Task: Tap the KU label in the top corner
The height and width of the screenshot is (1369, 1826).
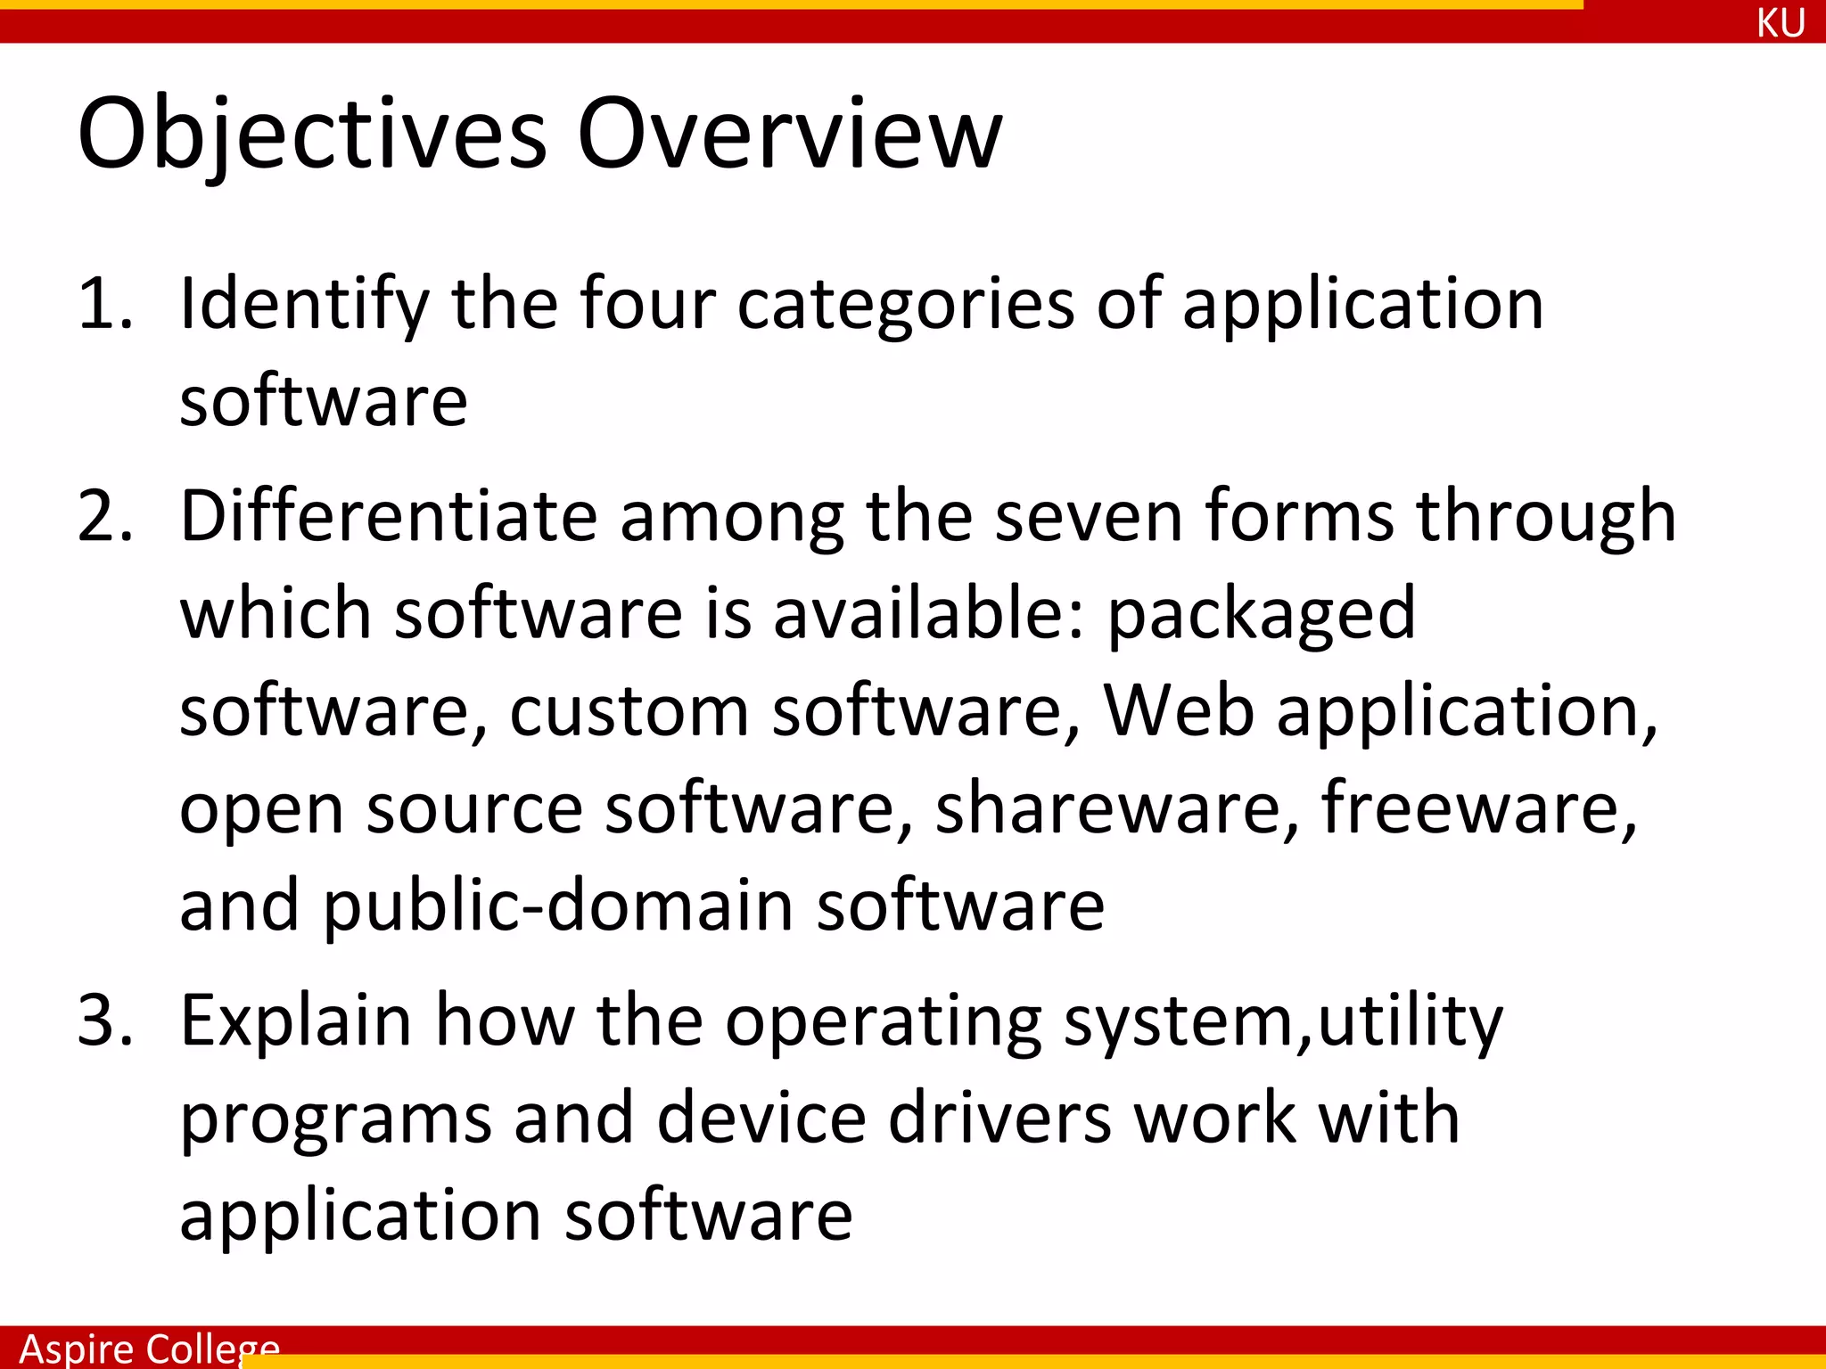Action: [x=1781, y=23]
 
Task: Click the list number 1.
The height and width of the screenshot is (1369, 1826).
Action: [x=103, y=305]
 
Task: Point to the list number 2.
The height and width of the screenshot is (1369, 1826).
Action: [x=103, y=517]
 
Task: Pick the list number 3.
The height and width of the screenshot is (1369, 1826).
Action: [x=103, y=1021]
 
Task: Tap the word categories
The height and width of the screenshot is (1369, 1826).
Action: [x=906, y=305]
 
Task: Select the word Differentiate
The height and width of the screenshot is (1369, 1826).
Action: [x=389, y=517]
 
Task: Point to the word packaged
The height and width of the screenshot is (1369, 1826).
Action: [x=1262, y=615]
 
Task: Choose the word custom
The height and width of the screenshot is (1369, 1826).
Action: [x=629, y=711]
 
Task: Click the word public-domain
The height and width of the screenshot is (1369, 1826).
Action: [x=558, y=906]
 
